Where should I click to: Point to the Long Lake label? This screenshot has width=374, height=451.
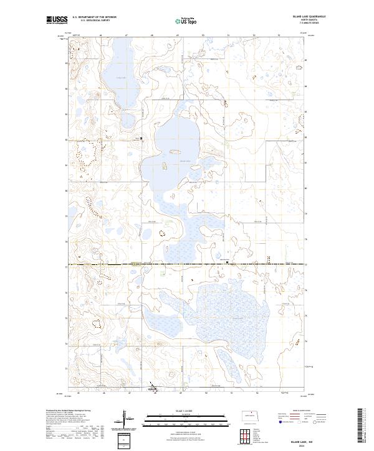[x=120, y=78]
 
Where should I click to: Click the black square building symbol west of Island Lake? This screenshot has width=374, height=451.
[x=141, y=138]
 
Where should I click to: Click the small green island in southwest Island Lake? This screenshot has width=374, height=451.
[x=165, y=165]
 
